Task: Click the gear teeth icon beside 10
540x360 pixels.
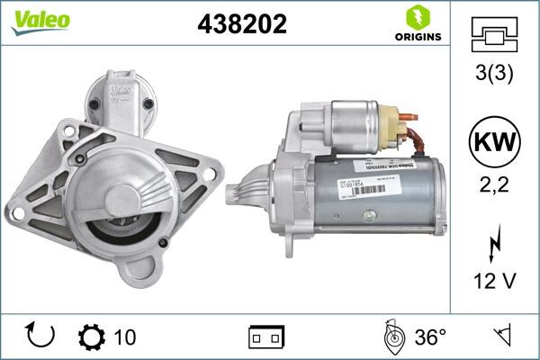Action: (x=91, y=337)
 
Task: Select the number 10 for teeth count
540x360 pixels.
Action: (x=126, y=337)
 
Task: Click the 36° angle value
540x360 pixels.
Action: (x=430, y=337)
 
